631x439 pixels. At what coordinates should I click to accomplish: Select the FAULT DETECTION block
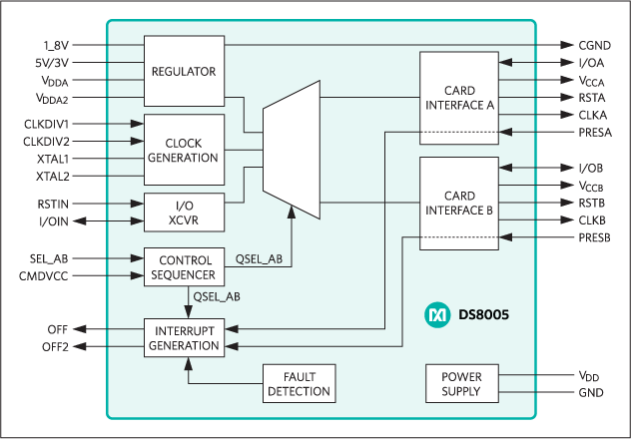(299, 383)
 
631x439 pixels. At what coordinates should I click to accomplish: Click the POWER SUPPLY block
(460, 383)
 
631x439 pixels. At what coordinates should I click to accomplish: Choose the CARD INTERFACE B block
(460, 203)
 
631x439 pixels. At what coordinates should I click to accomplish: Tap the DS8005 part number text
(483, 314)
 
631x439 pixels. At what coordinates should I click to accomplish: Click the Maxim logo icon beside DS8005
(438, 314)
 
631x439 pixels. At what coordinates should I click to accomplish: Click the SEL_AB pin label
(49, 257)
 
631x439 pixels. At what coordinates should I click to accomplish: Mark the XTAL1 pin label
(52, 159)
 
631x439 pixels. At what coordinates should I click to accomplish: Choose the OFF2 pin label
(54, 346)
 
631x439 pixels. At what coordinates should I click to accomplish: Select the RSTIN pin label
(52, 203)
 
